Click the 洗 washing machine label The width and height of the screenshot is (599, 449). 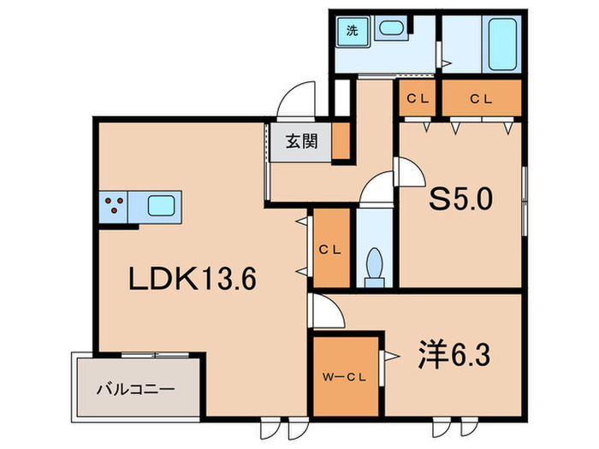(x=351, y=31)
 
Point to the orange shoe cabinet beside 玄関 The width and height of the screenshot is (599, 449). (x=341, y=142)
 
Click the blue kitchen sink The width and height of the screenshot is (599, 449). (x=161, y=205)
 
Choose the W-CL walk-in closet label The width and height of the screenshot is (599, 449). (x=345, y=375)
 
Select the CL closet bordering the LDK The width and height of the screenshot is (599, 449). (x=329, y=249)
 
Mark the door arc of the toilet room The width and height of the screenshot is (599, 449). (x=374, y=191)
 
